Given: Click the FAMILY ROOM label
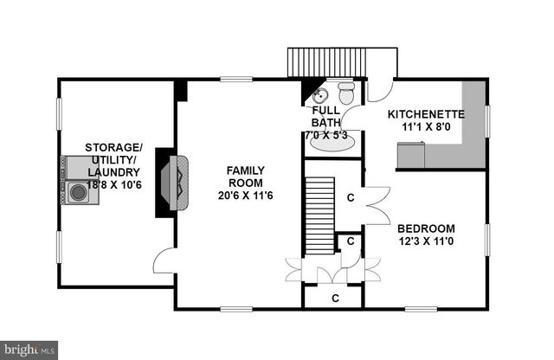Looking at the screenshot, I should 246,177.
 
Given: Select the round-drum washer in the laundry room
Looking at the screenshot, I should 79,193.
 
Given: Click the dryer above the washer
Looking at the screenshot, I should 79,167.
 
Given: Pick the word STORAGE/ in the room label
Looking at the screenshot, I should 113,147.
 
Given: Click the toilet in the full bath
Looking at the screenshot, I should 346,91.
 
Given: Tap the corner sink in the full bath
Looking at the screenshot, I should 318,95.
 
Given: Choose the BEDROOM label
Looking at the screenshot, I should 426,228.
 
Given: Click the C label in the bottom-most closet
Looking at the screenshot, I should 333,298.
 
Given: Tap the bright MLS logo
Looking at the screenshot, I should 29,349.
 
